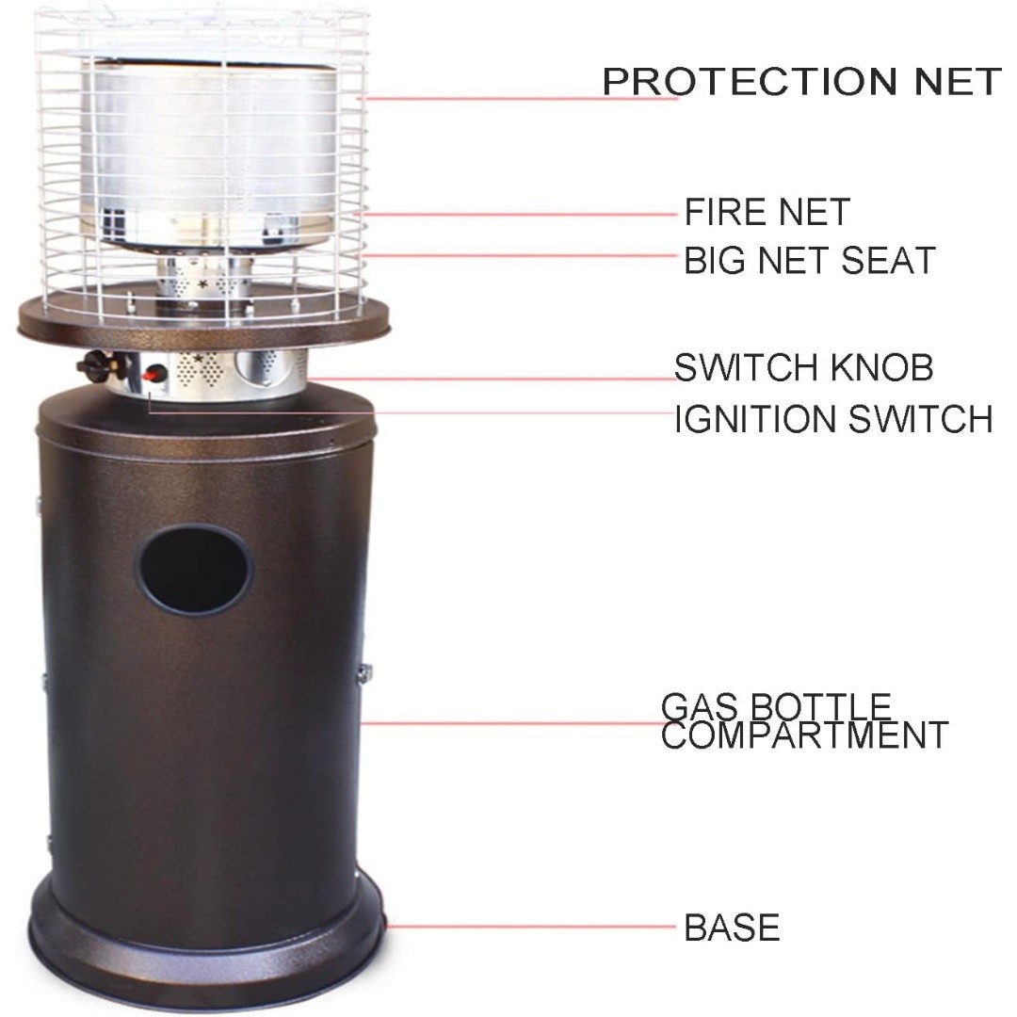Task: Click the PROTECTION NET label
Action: [802, 82]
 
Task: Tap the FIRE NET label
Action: [767, 212]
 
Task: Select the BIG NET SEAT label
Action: [810, 260]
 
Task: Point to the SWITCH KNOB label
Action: [803, 368]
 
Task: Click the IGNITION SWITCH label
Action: [833, 419]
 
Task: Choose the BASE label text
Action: [732, 928]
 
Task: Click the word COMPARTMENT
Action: [804, 734]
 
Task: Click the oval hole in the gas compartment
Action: [194, 570]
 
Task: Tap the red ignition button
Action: [153, 374]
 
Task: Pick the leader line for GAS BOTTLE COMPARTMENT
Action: [519, 723]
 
